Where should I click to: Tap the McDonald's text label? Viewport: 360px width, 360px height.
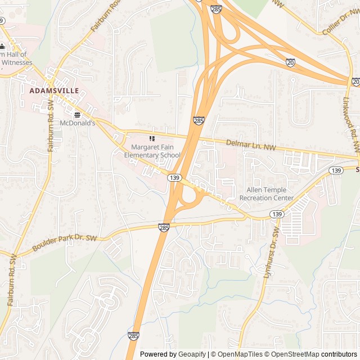(x=77, y=122)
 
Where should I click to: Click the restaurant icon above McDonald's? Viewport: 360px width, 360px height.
(x=77, y=115)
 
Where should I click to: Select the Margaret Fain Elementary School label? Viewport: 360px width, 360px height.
(x=152, y=151)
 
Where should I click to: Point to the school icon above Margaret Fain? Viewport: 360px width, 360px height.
(x=151, y=138)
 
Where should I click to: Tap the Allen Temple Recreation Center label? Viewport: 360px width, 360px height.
(x=267, y=194)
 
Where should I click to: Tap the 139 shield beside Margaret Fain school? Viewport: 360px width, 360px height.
(x=174, y=178)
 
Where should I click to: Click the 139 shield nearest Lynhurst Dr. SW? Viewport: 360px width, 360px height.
(x=276, y=214)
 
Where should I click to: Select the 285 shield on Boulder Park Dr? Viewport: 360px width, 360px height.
(x=164, y=227)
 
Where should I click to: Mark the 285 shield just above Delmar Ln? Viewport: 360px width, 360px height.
(x=199, y=120)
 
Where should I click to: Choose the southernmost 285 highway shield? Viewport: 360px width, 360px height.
(x=133, y=336)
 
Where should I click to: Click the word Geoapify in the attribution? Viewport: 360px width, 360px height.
(x=193, y=354)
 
